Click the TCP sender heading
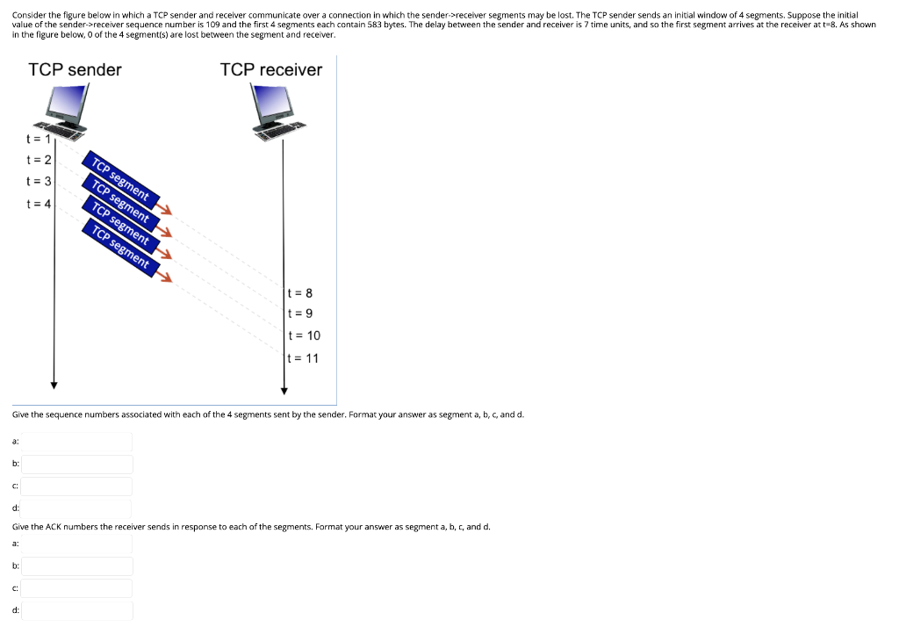pos(75,69)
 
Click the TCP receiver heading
pos(271,69)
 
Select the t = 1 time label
pos(38,138)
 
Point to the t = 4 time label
pos(39,204)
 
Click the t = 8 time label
pos(300,292)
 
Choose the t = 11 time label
pos(304,358)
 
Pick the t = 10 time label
pos(304,335)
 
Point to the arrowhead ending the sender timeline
pos(54,385)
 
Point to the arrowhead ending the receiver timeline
pos(284,391)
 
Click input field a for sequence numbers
pos(77,442)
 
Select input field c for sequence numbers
pos(77,486)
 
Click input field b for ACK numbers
pos(77,566)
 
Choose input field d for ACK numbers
pos(77,610)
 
